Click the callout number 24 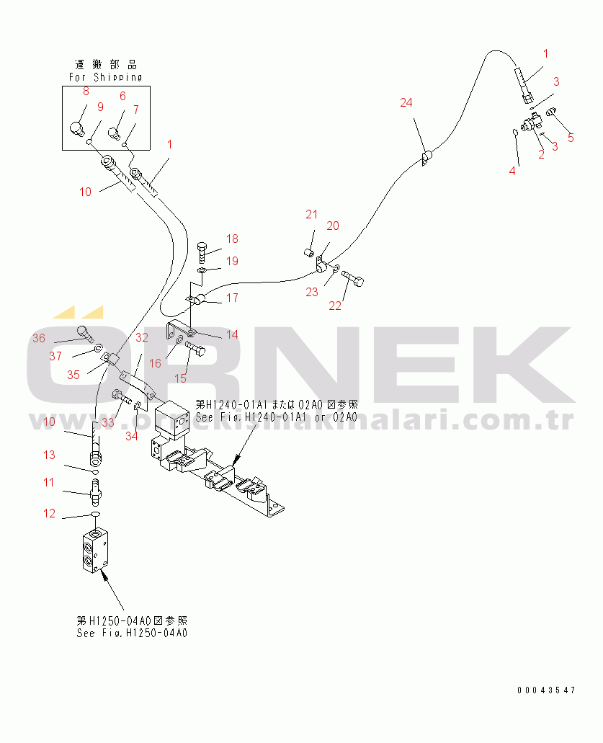tap(406, 103)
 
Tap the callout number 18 tap(231, 239)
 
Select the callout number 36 tap(39, 339)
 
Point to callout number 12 tap(49, 514)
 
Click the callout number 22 tap(335, 306)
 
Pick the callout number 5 tap(571, 138)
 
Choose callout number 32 tap(142, 337)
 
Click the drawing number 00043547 tap(545, 690)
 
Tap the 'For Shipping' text tap(105, 76)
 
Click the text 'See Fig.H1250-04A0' tap(132, 633)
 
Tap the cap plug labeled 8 tap(77, 128)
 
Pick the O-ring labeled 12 tap(94, 514)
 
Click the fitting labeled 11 tap(95, 492)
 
